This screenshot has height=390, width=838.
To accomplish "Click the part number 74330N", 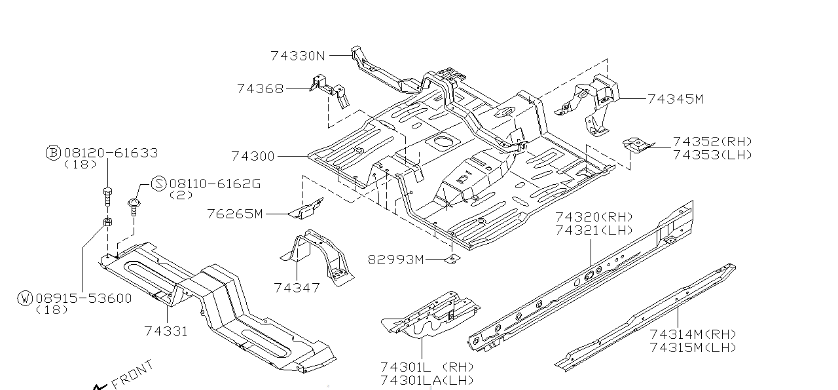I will click(x=297, y=56).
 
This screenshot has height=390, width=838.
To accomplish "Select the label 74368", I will click(x=260, y=88).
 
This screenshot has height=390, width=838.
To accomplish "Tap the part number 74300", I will click(x=253, y=157).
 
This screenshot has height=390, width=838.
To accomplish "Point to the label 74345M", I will click(x=675, y=99).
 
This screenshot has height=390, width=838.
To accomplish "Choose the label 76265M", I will click(x=234, y=214).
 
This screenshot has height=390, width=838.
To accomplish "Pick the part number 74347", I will click(x=297, y=288).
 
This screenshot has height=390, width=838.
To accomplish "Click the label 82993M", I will click(x=395, y=260).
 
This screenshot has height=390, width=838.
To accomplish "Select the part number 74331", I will click(x=166, y=331).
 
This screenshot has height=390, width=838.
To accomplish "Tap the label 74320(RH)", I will click(x=594, y=217).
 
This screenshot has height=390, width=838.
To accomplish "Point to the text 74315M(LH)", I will click(x=693, y=347).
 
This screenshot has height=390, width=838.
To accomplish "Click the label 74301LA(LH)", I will click(x=426, y=380).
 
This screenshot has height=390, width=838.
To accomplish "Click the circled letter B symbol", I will click(x=53, y=153).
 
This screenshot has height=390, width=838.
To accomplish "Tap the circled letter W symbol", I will click(x=26, y=298).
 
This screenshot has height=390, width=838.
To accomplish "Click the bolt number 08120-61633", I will click(x=111, y=153).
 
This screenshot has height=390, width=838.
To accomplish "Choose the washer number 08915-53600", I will click(x=84, y=298).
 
